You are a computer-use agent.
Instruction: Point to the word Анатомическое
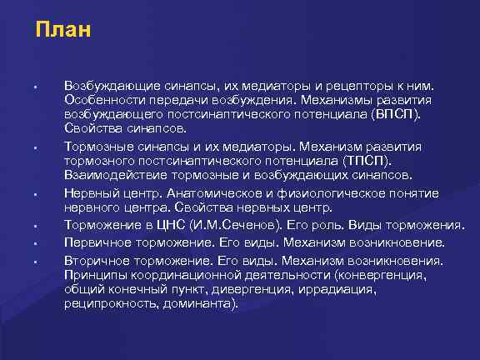point(208,192)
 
